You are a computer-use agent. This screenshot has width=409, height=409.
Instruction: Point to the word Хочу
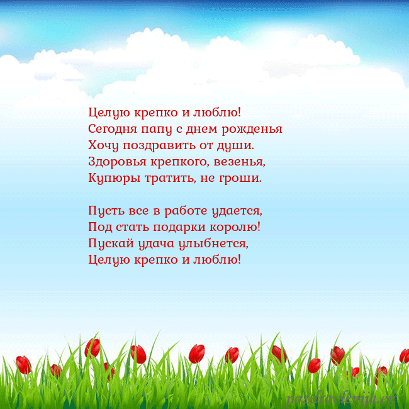(x=103, y=146)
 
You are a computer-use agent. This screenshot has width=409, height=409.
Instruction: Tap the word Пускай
(x=108, y=243)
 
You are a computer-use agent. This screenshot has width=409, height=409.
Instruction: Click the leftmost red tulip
(x=23, y=364)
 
